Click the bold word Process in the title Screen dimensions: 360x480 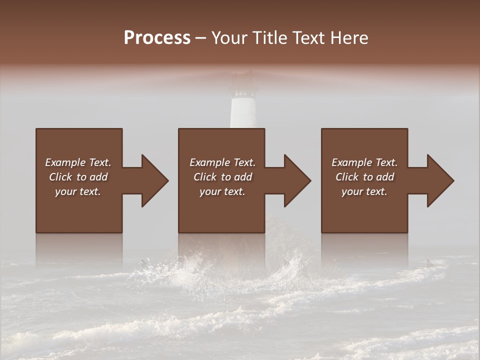pos(157,38)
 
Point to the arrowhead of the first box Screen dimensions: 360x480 pos(152,180)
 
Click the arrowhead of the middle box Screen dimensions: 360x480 pos(295,180)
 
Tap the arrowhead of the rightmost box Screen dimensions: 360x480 pos(438,180)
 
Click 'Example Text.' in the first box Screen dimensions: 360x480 pos(78,162)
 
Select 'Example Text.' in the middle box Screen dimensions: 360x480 pos(222,162)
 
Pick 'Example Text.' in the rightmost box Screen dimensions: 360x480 pos(364,162)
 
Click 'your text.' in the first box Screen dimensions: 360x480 pos(78,191)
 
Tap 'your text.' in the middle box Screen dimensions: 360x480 pos(222,191)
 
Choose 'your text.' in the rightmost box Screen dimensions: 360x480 pos(364,191)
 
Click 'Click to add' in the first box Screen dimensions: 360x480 pos(78,177)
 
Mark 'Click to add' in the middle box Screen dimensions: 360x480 pos(222,177)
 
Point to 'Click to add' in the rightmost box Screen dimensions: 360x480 pos(364,177)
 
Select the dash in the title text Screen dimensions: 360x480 pos(201,38)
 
